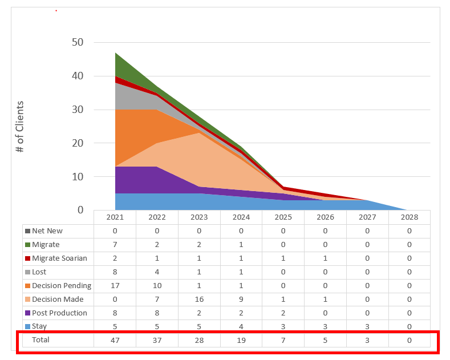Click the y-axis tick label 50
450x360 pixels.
77,42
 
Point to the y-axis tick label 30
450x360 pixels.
77,110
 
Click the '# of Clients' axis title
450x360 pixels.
21,126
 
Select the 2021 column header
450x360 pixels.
115,217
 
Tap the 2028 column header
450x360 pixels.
409,217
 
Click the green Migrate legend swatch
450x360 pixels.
27,245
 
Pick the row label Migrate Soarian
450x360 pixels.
59,258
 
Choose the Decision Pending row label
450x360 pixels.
62,286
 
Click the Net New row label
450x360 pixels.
47,231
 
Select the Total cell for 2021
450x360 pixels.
115,340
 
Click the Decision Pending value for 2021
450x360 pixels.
115,286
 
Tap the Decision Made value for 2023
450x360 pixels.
199,300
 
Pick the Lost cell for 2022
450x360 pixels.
157,272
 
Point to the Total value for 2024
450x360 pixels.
241,340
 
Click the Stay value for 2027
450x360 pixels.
367,326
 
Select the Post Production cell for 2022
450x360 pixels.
157,313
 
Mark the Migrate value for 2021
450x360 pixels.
115,245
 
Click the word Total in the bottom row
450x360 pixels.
40,340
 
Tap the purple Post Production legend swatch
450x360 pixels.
27,313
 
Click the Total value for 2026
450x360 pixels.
325,340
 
